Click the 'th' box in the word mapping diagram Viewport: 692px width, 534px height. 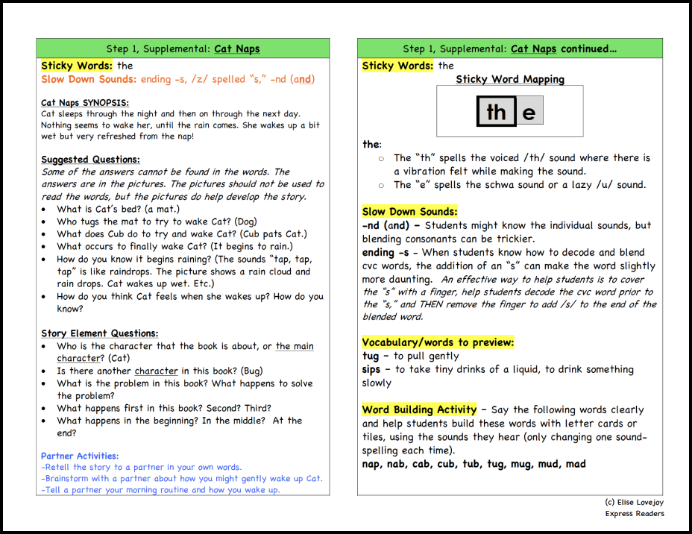click(496, 112)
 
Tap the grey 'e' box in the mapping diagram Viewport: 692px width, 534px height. click(529, 112)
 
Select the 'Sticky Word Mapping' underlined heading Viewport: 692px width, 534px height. click(510, 79)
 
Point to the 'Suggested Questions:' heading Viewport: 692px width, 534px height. click(89, 160)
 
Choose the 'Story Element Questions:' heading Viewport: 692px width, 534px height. click(99, 333)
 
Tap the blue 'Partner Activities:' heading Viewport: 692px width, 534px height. click(80, 456)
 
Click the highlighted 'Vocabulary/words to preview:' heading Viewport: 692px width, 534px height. click(438, 342)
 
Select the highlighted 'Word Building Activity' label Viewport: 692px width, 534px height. click(419, 409)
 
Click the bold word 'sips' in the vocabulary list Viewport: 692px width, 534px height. click(371, 369)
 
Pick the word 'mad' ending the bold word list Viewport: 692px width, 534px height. click(576, 464)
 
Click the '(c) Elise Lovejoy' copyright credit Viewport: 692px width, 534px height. click(634, 503)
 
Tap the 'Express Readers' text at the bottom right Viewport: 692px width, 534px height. click(635, 513)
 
